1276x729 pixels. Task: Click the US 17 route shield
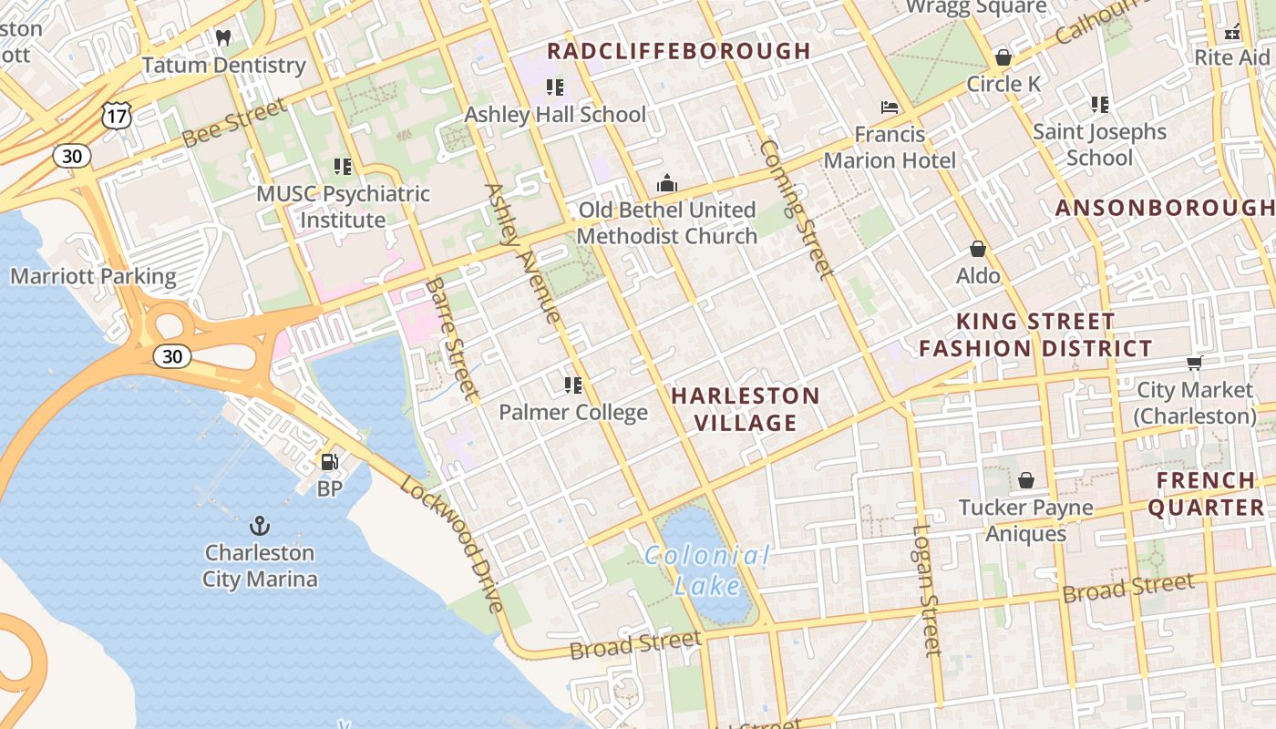[118, 115]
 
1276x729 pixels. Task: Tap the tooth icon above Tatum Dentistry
[223, 38]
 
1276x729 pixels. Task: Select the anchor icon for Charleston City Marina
[260, 526]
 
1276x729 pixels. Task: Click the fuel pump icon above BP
[329, 462]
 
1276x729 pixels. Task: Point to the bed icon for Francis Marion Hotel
[890, 108]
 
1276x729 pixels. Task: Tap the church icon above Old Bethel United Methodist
[667, 183]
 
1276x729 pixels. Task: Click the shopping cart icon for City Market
[1195, 364]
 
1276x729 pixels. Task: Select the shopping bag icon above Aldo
[978, 249]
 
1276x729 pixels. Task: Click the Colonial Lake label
[707, 570]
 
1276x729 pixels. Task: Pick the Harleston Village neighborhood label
[746, 409]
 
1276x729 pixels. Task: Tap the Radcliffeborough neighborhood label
[678, 51]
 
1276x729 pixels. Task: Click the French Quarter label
[1206, 494]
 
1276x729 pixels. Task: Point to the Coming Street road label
[795, 209]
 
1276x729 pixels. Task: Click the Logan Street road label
[925, 590]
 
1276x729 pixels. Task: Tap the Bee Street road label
[233, 124]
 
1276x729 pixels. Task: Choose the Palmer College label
[573, 412]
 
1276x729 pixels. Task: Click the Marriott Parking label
[93, 276]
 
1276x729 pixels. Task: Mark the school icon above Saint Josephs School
[1100, 105]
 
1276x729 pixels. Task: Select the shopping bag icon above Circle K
[1003, 57]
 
